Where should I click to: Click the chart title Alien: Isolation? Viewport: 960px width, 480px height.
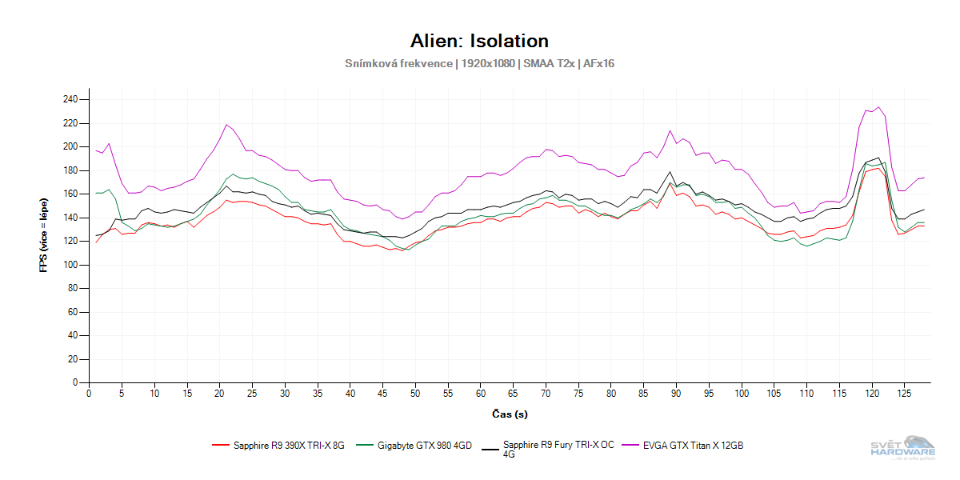pyautogui.click(x=479, y=41)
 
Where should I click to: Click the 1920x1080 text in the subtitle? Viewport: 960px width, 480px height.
pyautogui.click(x=489, y=63)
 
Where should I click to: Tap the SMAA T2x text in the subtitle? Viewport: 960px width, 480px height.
pyautogui.click(x=550, y=63)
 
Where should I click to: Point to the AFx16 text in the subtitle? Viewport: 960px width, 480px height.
pyautogui.click(x=598, y=63)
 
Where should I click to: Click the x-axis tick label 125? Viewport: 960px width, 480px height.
pyautogui.click(x=905, y=394)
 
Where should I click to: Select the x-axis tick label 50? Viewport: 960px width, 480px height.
pyautogui.click(x=415, y=394)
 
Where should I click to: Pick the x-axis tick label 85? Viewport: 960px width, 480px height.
pyautogui.click(x=644, y=394)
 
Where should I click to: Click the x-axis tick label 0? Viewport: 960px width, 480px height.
pyautogui.click(x=89, y=394)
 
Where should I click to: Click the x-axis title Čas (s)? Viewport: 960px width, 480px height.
pyautogui.click(x=510, y=414)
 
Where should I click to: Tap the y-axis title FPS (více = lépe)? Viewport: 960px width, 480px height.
pyautogui.click(x=44, y=241)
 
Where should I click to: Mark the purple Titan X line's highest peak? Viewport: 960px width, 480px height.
pyautogui.click(x=878, y=106)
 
